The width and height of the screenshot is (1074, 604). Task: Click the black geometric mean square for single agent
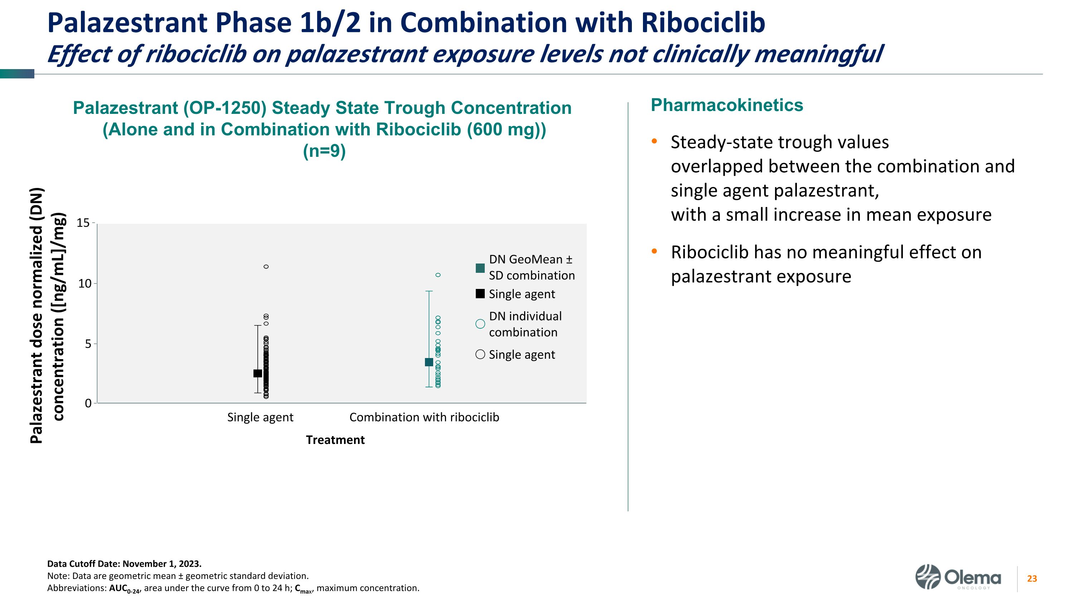coord(258,373)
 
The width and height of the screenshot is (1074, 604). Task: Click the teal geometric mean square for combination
coord(429,362)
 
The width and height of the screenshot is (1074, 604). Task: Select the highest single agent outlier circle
coord(266,267)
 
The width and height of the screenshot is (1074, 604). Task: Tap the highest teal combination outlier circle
coord(438,275)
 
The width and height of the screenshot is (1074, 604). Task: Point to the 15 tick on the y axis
coord(83,223)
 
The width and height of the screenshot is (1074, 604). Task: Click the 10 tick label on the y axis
coord(84,284)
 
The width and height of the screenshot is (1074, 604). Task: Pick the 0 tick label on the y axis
coord(88,404)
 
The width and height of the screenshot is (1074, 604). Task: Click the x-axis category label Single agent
coord(260,417)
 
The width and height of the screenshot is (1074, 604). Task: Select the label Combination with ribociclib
coord(424,417)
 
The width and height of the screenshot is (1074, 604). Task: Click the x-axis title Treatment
coord(335,440)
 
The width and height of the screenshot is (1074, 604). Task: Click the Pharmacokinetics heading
coord(727,105)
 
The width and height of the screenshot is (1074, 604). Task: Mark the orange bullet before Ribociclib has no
coord(654,251)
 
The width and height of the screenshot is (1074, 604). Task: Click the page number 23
coord(1032,579)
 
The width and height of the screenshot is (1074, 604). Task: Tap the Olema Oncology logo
coord(958,577)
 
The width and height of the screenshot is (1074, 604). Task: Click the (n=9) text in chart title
coord(324,151)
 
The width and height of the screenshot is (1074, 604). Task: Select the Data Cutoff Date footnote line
coord(124,564)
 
